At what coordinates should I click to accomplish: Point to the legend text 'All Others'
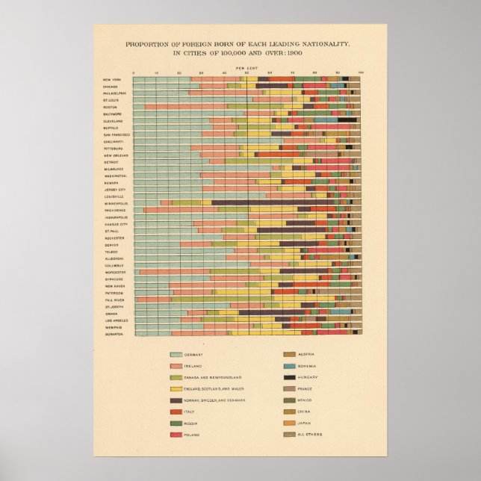(x=310, y=435)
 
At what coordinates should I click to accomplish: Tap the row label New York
(x=114, y=79)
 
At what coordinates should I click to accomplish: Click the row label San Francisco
(x=117, y=134)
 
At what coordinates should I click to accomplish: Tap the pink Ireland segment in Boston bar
(x=187, y=107)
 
